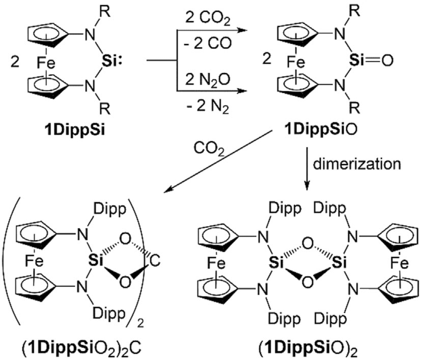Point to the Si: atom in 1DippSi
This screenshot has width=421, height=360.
click(x=117, y=59)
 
